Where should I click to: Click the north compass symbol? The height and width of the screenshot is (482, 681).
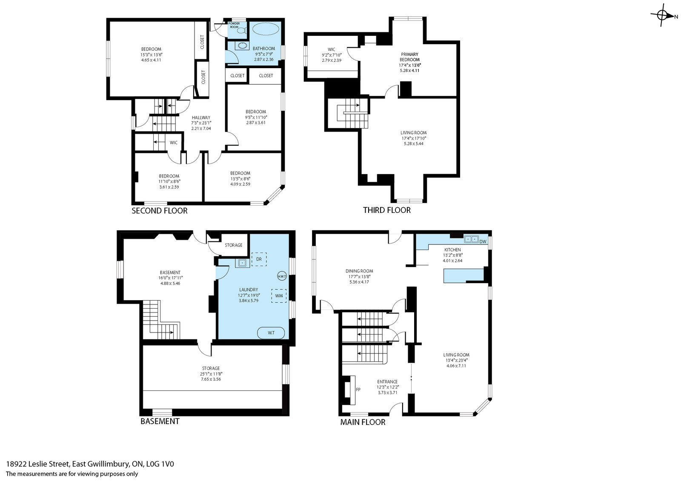pyautogui.click(x=663, y=15)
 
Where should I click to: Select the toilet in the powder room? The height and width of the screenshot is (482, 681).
pyautogui.click(x=242, y=31)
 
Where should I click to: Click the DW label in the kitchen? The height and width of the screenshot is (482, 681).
pyautogui.click(x=483, y=242)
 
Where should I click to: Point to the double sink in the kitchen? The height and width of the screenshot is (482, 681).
pyautogui.click(x=471, y=239)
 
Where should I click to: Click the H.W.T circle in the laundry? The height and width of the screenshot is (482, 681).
pyautogui.click(x=282, y=276)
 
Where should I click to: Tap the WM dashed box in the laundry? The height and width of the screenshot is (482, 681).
pyautogui.click(x=279, y=296)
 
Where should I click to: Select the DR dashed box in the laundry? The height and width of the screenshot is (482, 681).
pyautogui.click(x=259, y=259)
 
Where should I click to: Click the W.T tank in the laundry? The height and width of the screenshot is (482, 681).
pyautogui.click(x=271, y=333)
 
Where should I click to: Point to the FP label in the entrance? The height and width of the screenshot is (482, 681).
pyautogui.click(x=358, y=389)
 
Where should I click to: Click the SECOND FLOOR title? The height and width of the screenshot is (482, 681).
pyautogui.click(x=160, y=211)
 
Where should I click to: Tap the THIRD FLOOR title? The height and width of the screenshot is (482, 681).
pyautogui.click(x=387, y=210)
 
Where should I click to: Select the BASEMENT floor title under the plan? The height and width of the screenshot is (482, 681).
pyautogui.click(x=160, y=421)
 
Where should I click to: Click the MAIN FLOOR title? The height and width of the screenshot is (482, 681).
pyautogui.click(x=363, y=422)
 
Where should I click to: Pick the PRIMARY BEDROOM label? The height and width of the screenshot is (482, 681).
pyautogui.click(x=409, y=57)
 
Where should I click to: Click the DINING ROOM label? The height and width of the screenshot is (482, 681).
pyautogui.click(x=359, y=271)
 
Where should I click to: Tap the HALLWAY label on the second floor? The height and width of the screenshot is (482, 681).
pyautogui.click(x=201, y=118)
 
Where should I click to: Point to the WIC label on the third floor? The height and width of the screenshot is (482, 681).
pyautogui.click(x=332, y=49)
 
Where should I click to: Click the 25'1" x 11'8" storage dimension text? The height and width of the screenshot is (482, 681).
pyautogui.click(x=211, y=374)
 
